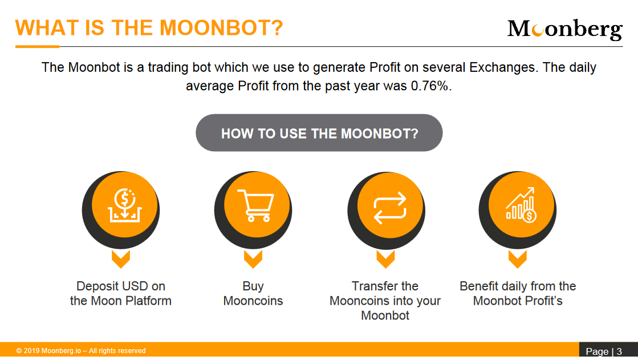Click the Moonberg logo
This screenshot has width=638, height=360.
coord(565,29)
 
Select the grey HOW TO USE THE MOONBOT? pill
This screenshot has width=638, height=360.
coord(319,133)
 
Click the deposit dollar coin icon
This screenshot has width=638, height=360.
coord(124,205)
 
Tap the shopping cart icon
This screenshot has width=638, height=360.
coord(256,205)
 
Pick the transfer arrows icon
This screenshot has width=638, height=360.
coord(390,208)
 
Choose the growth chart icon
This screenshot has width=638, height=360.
coord(521,204)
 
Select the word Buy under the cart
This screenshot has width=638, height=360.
coord(253,287)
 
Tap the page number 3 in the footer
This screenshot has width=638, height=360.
coord(619,351)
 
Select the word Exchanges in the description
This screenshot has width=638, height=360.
coord(503,67)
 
